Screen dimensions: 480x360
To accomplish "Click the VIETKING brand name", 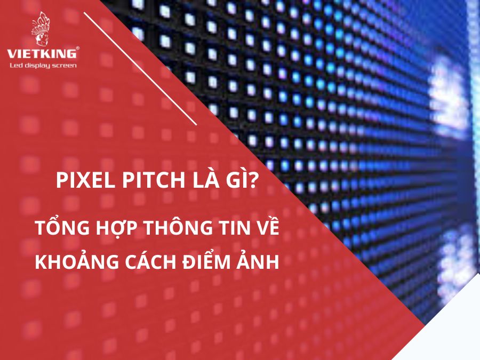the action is [x=42, y=53].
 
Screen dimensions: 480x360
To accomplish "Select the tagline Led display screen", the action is [x=43, y=66].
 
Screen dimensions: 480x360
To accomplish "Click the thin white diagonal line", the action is [x=140, y=69].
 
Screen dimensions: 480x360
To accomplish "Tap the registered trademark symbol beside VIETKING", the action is [x=77, y=48].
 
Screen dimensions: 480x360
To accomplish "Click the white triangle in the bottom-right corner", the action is [x=450, y=331].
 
